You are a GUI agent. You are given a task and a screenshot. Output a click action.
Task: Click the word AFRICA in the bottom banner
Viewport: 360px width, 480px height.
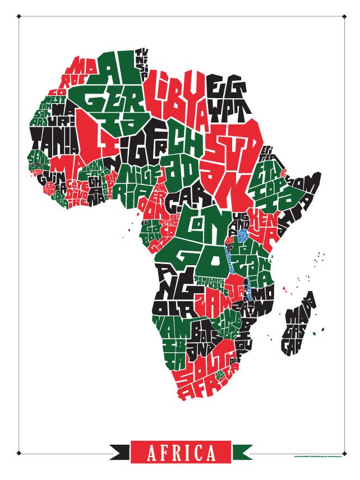coord(181,453)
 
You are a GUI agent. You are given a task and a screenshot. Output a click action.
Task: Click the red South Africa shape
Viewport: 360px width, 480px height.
coord(207,373)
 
